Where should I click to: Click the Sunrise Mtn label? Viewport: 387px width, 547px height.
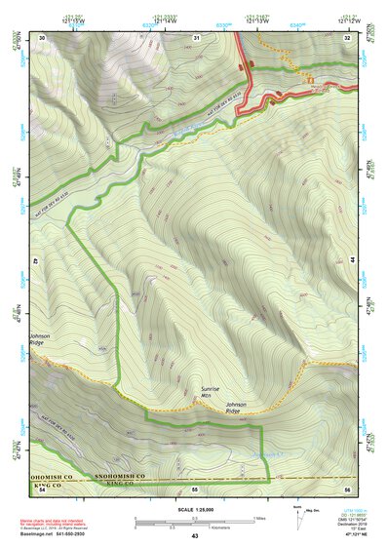coord(211,392)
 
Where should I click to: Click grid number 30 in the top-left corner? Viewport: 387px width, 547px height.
coord(43,37)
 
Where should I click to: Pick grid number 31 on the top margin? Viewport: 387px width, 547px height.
coord(196,37)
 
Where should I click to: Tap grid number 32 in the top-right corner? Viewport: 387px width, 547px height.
coord(348,37)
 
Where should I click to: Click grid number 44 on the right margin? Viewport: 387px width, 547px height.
coord(350,260)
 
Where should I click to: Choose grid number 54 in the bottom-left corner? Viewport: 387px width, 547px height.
coord(42,487)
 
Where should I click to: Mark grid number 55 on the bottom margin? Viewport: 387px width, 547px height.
coord(195,487)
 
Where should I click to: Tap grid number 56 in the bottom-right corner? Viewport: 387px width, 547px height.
coord(348,487)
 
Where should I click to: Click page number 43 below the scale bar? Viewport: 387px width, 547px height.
coord(195,536)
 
